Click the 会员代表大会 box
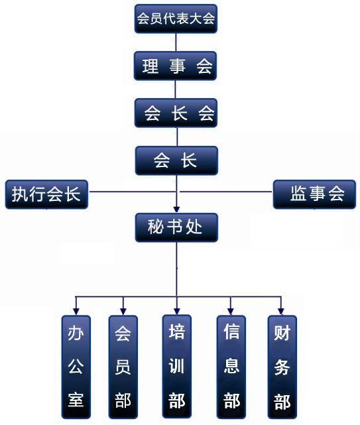[176, 19]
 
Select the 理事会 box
[176, 66]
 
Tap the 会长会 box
[176, 113]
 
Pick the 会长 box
[176, 160]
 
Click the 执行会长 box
[46, 194]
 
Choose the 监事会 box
[314, 194]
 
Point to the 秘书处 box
[176, 227]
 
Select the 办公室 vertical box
[76, 367]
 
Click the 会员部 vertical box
[123, 367]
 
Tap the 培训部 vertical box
[177, 366]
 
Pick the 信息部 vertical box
[231, 367]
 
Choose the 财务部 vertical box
[282, 367]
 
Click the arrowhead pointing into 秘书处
[177, 210]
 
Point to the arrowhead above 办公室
[76, 312]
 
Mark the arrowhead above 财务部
[281, 312]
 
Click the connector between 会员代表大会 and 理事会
[176, 42]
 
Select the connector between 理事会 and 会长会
[176, 90]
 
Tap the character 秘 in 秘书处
[156, 227]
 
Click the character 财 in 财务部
[282, 333]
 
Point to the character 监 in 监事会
[298, 194]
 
